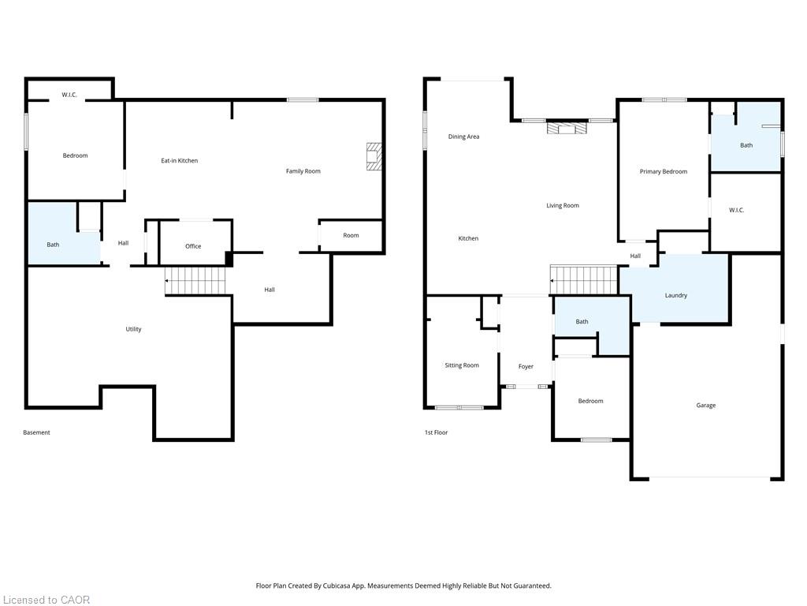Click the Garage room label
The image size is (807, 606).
(x=705, y=405)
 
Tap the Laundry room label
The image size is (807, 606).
(x=675, y=295)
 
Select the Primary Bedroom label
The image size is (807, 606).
(x=664, y=171)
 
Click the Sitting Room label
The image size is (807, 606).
(x=462, y=365)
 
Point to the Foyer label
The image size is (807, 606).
(x=526, y=366)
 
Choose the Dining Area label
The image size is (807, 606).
(x=463, y=137)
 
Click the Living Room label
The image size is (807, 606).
(x=563, y=206)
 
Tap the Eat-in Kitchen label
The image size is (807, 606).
(x=179, y=161)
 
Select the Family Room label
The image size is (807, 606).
(x=303, y=171)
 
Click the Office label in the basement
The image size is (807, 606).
(x=193, y=246)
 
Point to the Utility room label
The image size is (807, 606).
(x=133, y=329)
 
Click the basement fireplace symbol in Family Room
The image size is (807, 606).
(x=374, y=157)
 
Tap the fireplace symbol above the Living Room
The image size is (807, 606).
(x=567, y=128)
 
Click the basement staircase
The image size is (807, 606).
(x=195, y=281)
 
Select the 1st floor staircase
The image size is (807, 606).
(x=584, y=280)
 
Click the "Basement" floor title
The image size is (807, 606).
(x=36, y=432)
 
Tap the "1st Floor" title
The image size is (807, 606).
(x=436, y=432)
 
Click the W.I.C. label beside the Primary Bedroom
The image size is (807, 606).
(x=737, y=210)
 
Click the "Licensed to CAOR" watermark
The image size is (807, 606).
(x=46, y=600)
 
